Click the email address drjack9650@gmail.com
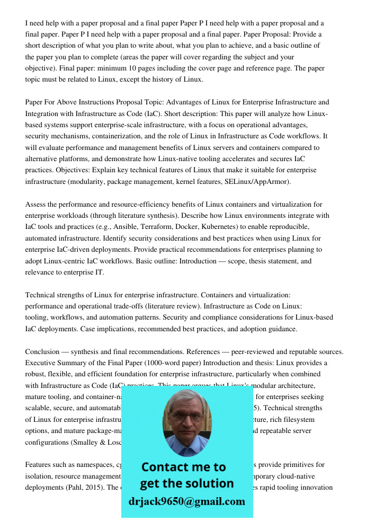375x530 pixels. coord(186,501)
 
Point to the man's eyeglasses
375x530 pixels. coord(186,416)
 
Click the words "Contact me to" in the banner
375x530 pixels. coord(183,467)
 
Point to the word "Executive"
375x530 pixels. coord(41,363)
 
